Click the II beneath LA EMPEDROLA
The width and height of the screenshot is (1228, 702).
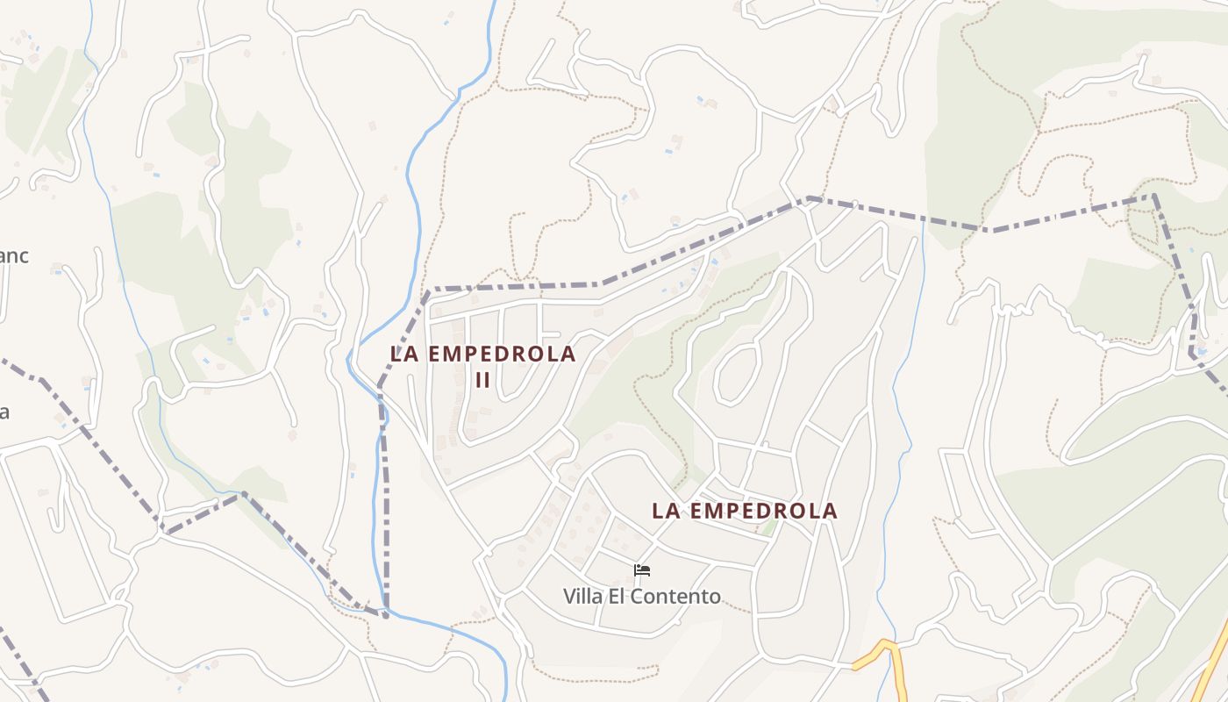coord(482,381)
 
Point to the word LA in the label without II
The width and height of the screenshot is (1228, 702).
coord(664,511)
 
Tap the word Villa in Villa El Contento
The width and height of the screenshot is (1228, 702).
coord(582,597)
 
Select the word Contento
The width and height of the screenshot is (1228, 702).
coord(679,597)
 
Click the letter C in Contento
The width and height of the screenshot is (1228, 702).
coord(644,597)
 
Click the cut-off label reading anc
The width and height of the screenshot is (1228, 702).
coord(13,256)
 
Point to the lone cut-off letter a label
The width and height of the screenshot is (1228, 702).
coord(4,412)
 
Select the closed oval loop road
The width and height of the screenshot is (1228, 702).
coord(735,376)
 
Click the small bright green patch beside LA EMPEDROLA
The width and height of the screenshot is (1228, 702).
coord(769,527)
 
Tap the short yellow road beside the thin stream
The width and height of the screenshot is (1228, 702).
coord(877,653)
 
